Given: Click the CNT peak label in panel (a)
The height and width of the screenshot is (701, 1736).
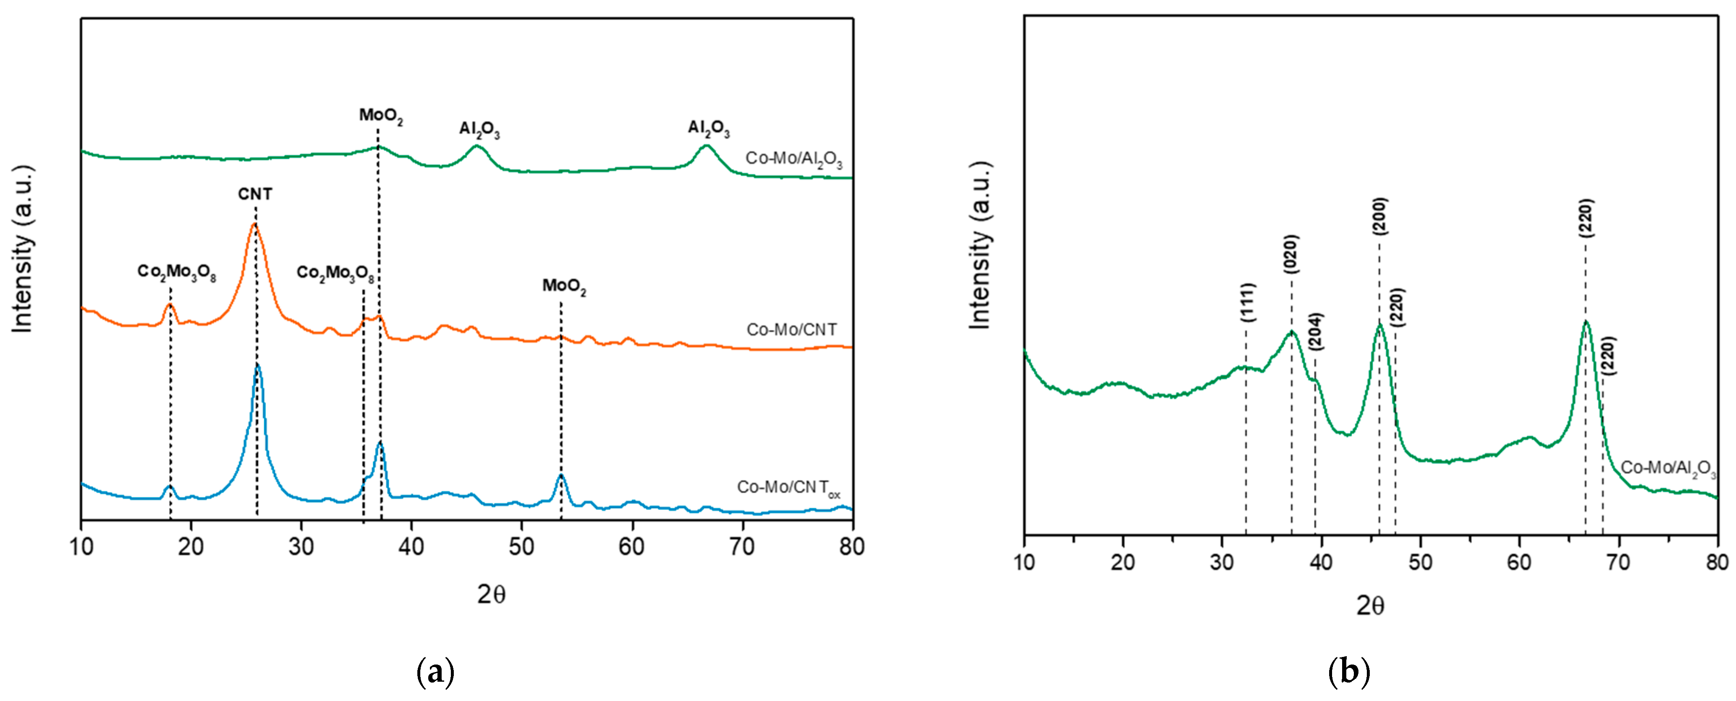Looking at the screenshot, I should coord(255,194).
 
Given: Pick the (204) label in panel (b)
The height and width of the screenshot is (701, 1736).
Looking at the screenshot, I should coord(1315,332).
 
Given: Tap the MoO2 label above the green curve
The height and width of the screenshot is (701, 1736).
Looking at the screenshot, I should coord(381,116).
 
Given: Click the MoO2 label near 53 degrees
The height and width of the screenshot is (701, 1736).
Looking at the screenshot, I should coord(564,286).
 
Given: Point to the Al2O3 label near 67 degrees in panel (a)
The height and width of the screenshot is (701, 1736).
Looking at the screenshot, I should coord(708,128).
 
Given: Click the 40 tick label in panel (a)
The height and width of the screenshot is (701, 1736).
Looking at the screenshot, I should coord(411,547).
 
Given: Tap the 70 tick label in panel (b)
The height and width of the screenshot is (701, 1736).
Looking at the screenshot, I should coord(1618,562).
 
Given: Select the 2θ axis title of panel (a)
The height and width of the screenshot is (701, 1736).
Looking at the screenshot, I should coord(491,595).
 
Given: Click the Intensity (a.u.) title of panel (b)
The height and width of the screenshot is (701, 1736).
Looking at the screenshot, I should coord(981,246).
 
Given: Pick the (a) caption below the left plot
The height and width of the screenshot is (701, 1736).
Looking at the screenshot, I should coord(435,672).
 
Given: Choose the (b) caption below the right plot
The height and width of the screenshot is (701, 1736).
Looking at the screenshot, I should coord(1348,672).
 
